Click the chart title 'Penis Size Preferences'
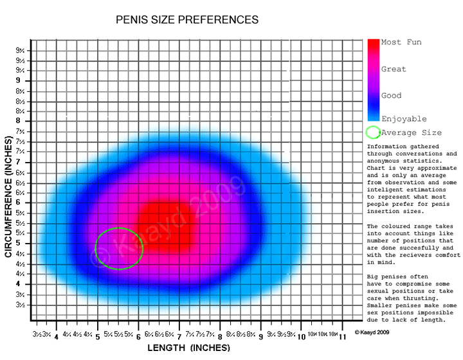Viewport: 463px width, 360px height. (x=186, y=20)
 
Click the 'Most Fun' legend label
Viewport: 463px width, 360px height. (x=401, y=42)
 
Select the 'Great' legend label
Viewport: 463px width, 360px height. (x=394, y=69)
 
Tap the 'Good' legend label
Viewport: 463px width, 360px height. (x=391, y=95)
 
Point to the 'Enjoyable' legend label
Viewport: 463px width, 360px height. (x=403, y=119)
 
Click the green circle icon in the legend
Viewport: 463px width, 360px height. (x=373, y=133)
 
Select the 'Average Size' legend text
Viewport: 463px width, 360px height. (x=412, y=133)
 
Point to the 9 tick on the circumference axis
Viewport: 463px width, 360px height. (x=19, y=80)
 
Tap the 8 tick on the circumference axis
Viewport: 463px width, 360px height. (x=19, y=121)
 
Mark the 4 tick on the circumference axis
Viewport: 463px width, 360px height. (x=19, y=283)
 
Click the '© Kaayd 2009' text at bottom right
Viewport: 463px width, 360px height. (x=371, y=333)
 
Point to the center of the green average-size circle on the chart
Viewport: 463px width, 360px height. (x=119, y=249)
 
